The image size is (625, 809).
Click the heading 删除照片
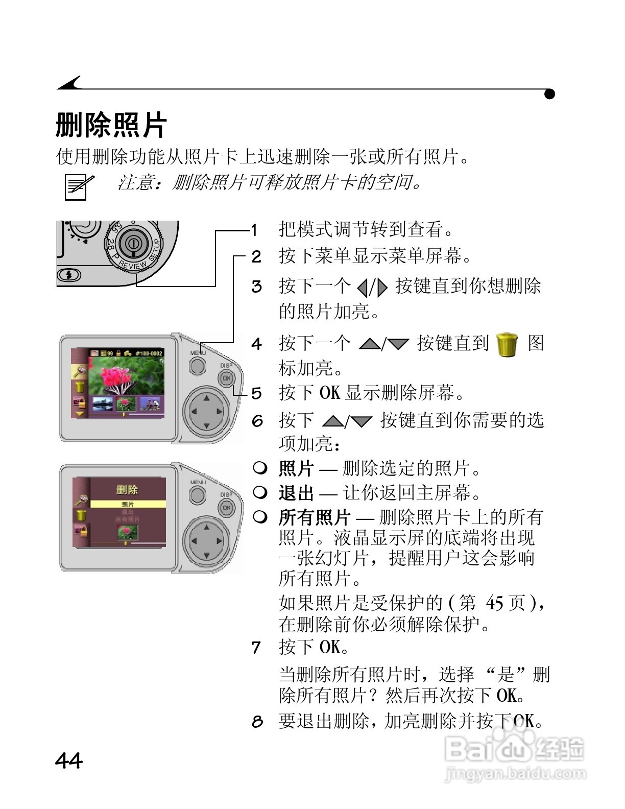pos(111,125)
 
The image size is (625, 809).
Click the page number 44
pos(68,760)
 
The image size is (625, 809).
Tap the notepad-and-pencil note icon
pos(78,186)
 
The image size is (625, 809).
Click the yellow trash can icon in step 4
pos(507,344)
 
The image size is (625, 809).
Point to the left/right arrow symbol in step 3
pos(372,288)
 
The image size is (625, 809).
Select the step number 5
pos(256,393)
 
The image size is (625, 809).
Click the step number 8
pos(257,721)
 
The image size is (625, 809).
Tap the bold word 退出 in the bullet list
pos(296,493)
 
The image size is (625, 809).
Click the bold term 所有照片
pos(314,517)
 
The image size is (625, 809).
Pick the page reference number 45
pos(495,603)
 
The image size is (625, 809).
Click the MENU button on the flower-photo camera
pos(198,366)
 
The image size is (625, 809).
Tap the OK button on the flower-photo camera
pos(226,378)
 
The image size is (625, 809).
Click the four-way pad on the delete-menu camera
pos(206,540)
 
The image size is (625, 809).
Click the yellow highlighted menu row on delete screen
pos(128,504)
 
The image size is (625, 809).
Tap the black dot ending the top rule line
pos(549,94)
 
